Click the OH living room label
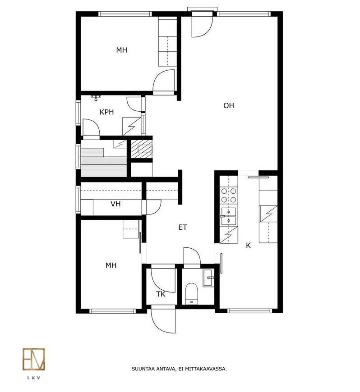coord(229,105)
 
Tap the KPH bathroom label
coord(106,112)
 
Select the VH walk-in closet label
coord(115,204)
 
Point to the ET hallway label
coord(183,227)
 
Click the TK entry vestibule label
coord(161,294)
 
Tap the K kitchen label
coord(248,246)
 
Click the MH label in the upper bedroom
coord(122,50)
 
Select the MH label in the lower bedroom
coord(111,265)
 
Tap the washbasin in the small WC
coord(208,278)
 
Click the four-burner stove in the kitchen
coord(229,196)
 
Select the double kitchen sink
coord(228,216)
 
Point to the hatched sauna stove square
coord(142,149)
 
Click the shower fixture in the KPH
coord(96,97)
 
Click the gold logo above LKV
coord(34,359)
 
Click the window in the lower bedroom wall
coord(112,311)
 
